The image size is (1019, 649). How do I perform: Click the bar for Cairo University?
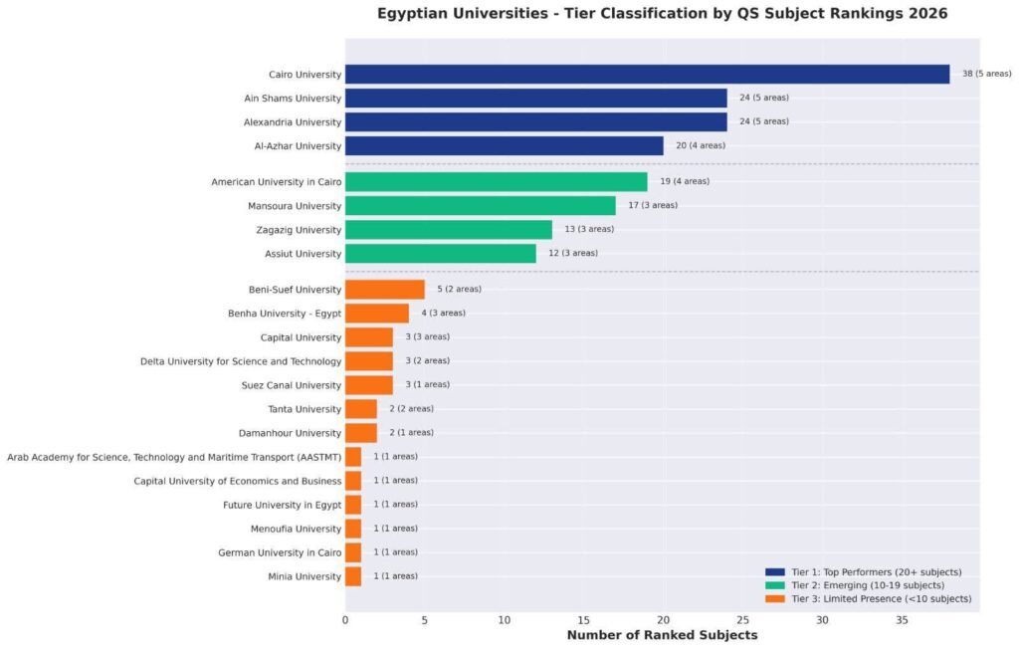point(647,74)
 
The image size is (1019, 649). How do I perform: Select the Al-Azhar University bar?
point(504,145)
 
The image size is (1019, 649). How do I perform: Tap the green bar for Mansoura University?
point(480,205)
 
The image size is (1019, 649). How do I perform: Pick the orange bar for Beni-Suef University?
point(384,289)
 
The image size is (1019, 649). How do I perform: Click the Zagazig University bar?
point(448,229)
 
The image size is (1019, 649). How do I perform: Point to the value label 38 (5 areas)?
point(986,74)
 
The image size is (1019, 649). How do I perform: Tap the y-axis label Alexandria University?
point(293,121)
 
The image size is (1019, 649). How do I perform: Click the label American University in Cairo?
point(276,181)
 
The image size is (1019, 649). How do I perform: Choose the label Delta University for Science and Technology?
point(241,360)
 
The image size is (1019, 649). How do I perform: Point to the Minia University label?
point(305,576)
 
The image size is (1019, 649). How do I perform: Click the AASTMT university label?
point(174,456)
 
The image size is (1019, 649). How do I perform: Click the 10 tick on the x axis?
point(504,619)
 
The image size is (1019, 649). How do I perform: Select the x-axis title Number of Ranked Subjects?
point(662,635)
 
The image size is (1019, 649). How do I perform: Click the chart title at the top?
point(662,13)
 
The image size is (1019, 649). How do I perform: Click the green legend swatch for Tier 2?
point(775,585)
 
